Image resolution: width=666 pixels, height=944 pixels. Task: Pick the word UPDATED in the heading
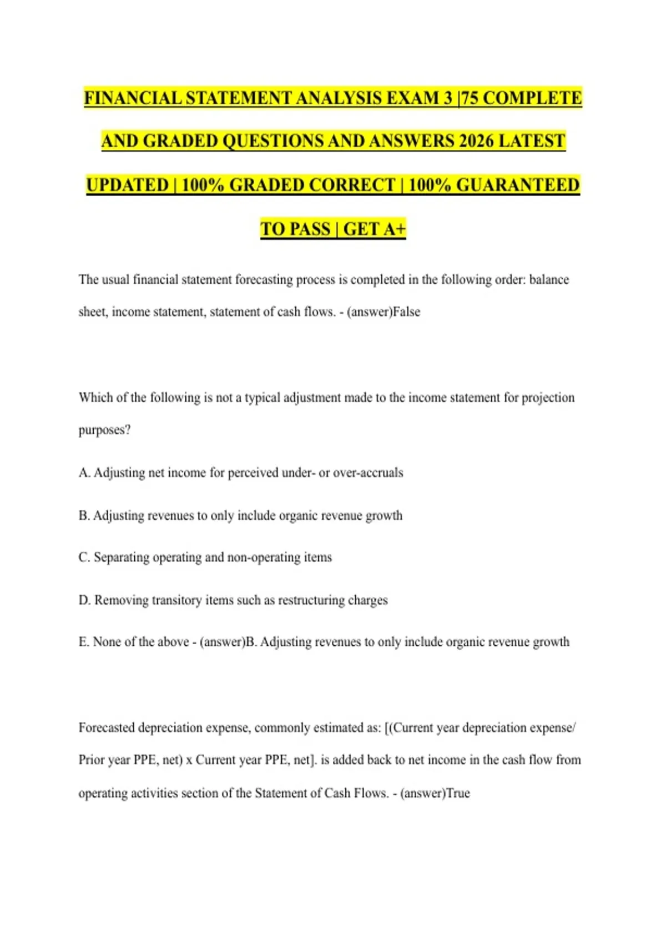(x=127, y=185)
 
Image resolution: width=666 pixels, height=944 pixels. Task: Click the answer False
(x=406, y=312)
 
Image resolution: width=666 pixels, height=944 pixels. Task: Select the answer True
(x=458, y=793)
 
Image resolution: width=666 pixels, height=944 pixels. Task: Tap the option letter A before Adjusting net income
(x=84, y=473)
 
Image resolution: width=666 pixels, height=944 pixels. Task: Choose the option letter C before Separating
(x=84, y=557)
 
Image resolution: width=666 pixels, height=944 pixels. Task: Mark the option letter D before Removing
(x=84, y=600)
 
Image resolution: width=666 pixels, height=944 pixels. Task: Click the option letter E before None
(x=83, y=642)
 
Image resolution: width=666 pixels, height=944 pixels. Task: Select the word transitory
(x=176, y=600)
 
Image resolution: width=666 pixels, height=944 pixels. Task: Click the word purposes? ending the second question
(x=104, y=430)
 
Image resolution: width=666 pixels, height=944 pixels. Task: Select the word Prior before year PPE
(x=90, y=760)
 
